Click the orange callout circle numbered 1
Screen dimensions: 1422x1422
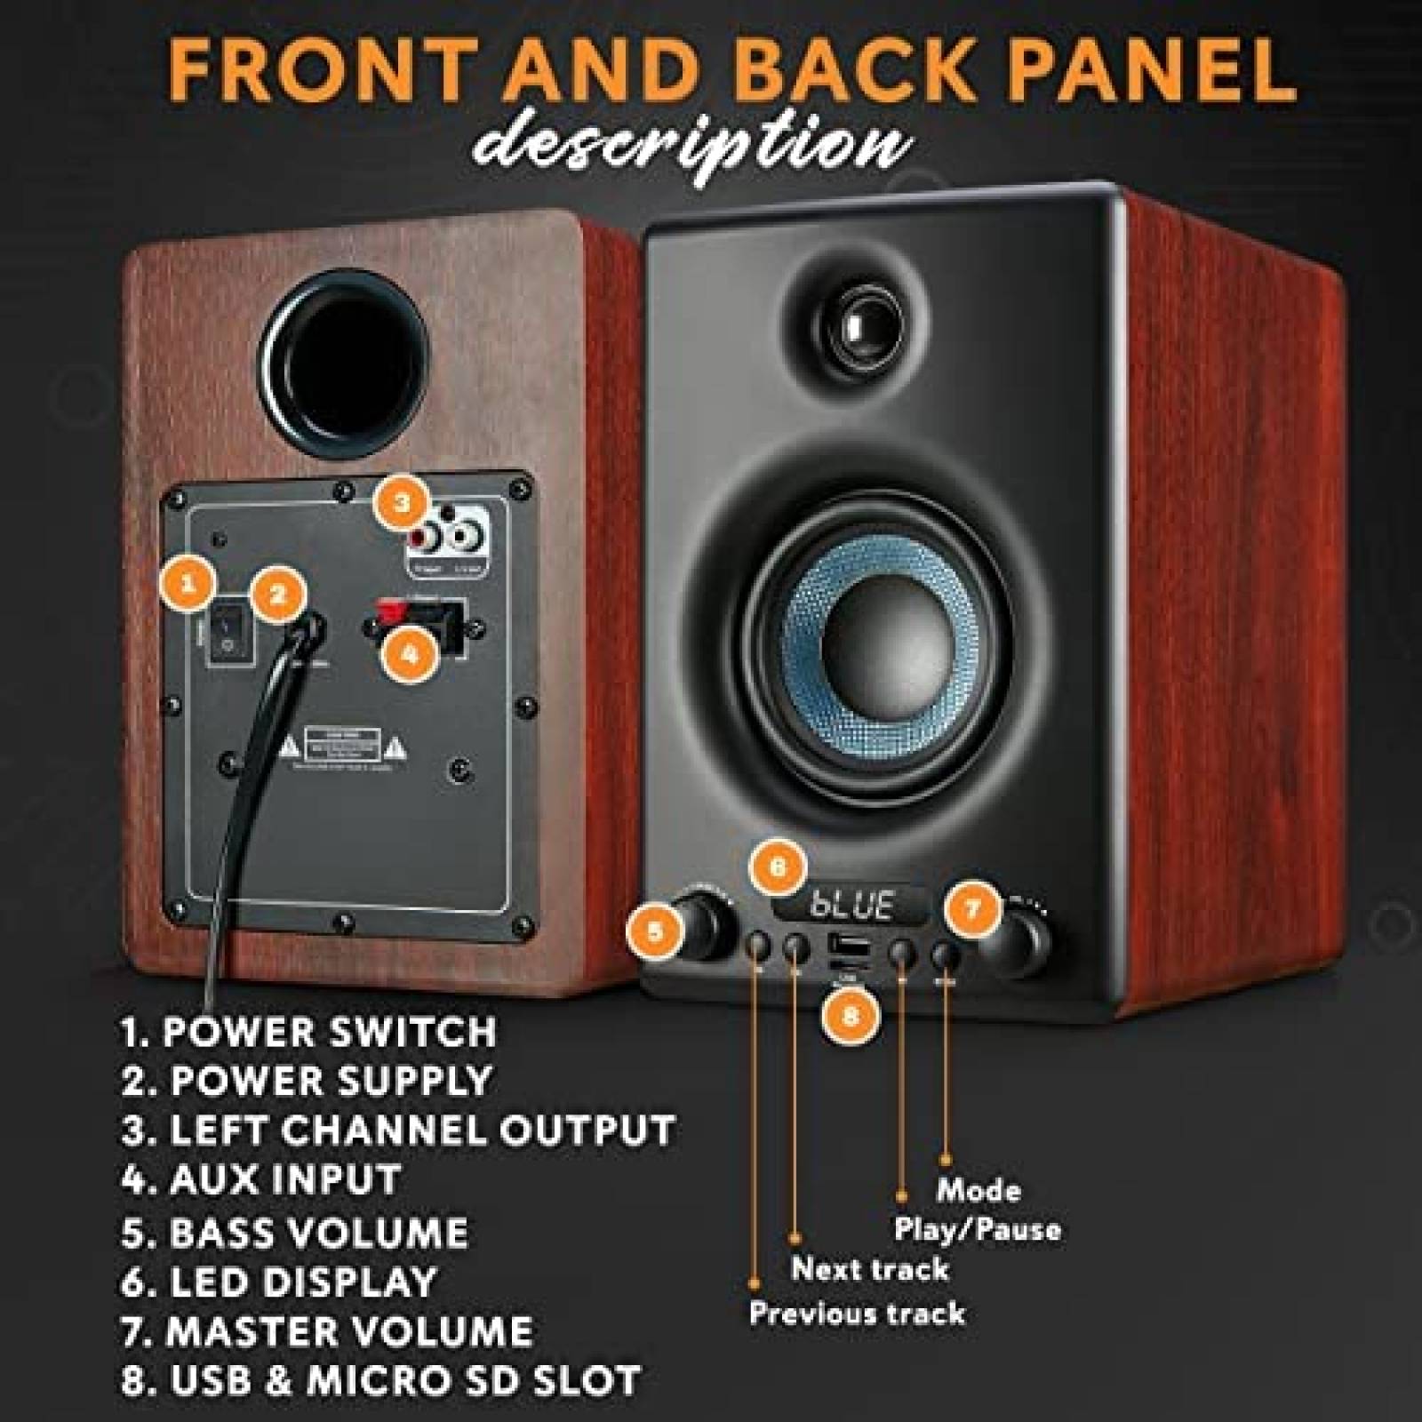coord(187,584)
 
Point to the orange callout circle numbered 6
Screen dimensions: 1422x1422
coord(778,867)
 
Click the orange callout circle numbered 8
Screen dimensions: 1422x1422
coord(850,1015)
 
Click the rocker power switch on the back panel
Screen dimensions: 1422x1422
coord(228,636)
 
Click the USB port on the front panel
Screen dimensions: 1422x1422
coord(845,943)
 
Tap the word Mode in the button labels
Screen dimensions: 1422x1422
coord(979,1190)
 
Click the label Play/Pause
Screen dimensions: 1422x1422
coord(977,1230)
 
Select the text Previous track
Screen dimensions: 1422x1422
coord(857,1313)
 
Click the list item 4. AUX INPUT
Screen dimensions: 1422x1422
coord(260,1180)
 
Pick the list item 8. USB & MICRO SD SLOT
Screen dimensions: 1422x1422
coord(380,1380)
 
